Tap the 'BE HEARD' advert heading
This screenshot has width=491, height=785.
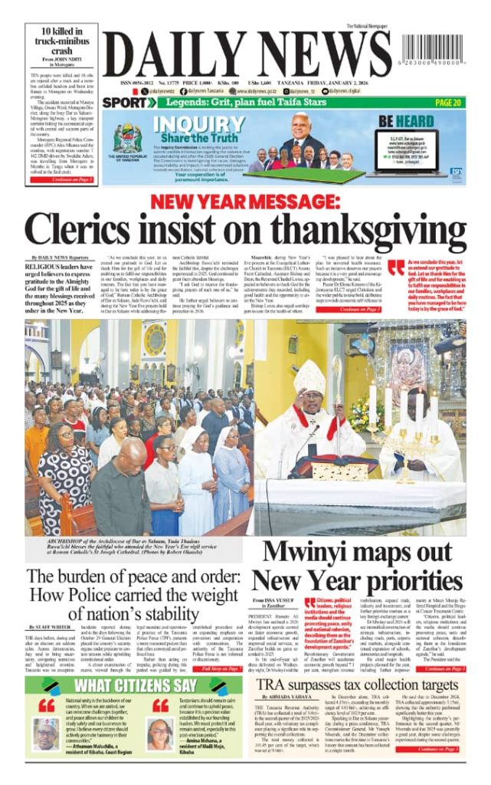pyautogui.click(x=406, y=121)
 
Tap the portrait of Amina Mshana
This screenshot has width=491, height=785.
pyautogui.click(x=160, y=734)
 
